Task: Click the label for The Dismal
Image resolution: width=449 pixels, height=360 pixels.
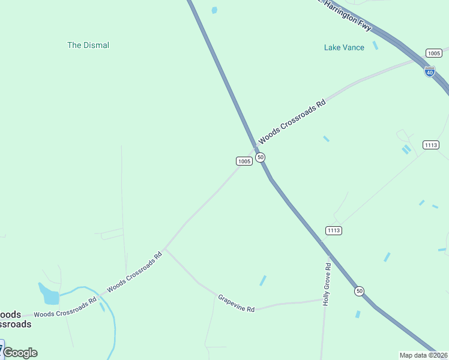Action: click(88, 45)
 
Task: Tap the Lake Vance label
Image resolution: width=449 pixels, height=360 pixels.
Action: click(344, 47)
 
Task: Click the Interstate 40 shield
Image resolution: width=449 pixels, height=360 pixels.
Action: click(429, 71)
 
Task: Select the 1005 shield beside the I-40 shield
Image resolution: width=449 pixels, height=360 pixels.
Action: click(433, 53)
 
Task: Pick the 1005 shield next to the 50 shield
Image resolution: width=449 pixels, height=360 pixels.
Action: click(244, 161)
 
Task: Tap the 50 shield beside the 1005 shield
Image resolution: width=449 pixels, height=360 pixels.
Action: click(260, 157)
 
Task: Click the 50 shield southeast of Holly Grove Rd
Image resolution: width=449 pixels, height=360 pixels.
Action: click(359, 291)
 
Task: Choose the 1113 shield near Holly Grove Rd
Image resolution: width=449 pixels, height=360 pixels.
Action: click(334, 230)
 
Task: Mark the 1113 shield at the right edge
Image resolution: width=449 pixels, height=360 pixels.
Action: click(431, 145)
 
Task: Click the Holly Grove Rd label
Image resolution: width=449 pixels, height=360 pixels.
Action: click(327, 284)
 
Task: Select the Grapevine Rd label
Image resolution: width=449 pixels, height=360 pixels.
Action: click(237, 302)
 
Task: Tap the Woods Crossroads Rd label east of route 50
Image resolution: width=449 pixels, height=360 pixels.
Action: click(292, 122)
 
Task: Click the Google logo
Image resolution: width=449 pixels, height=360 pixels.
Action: click(20, 353)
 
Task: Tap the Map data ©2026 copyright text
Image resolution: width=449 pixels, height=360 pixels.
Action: click(423, 355)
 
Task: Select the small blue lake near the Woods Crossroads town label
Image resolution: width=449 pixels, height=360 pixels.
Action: click(49, 294)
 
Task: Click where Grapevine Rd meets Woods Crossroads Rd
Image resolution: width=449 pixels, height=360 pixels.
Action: click(165, 249)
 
